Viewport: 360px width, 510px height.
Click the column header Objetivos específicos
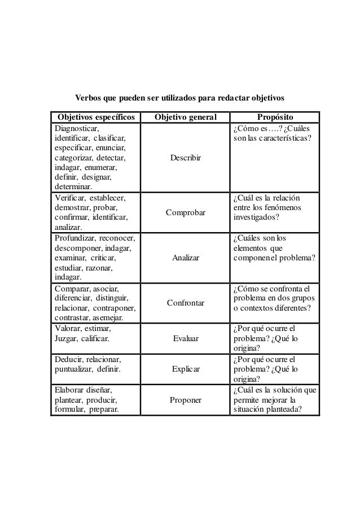pos(94,117)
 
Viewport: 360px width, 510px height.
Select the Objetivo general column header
pos(185,117)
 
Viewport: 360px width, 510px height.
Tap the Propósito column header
pos(275,117)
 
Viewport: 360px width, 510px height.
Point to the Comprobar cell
pos(186,212)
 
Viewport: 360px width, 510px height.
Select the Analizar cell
pos(186,258)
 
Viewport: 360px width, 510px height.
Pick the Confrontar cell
pos(186,303)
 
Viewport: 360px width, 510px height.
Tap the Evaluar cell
pos(186,338)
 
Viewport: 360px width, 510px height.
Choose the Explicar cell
pos(186,369)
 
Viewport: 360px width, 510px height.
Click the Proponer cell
pos(186,400)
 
